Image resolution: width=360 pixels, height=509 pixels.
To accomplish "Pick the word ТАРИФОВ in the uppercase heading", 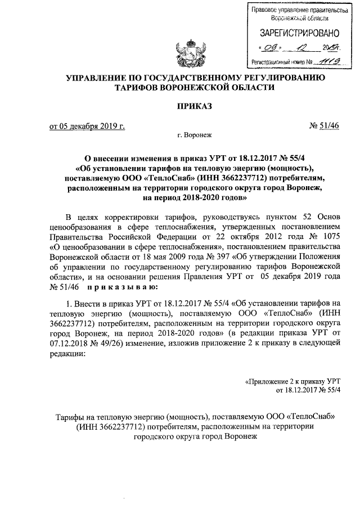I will pos(137,88).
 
